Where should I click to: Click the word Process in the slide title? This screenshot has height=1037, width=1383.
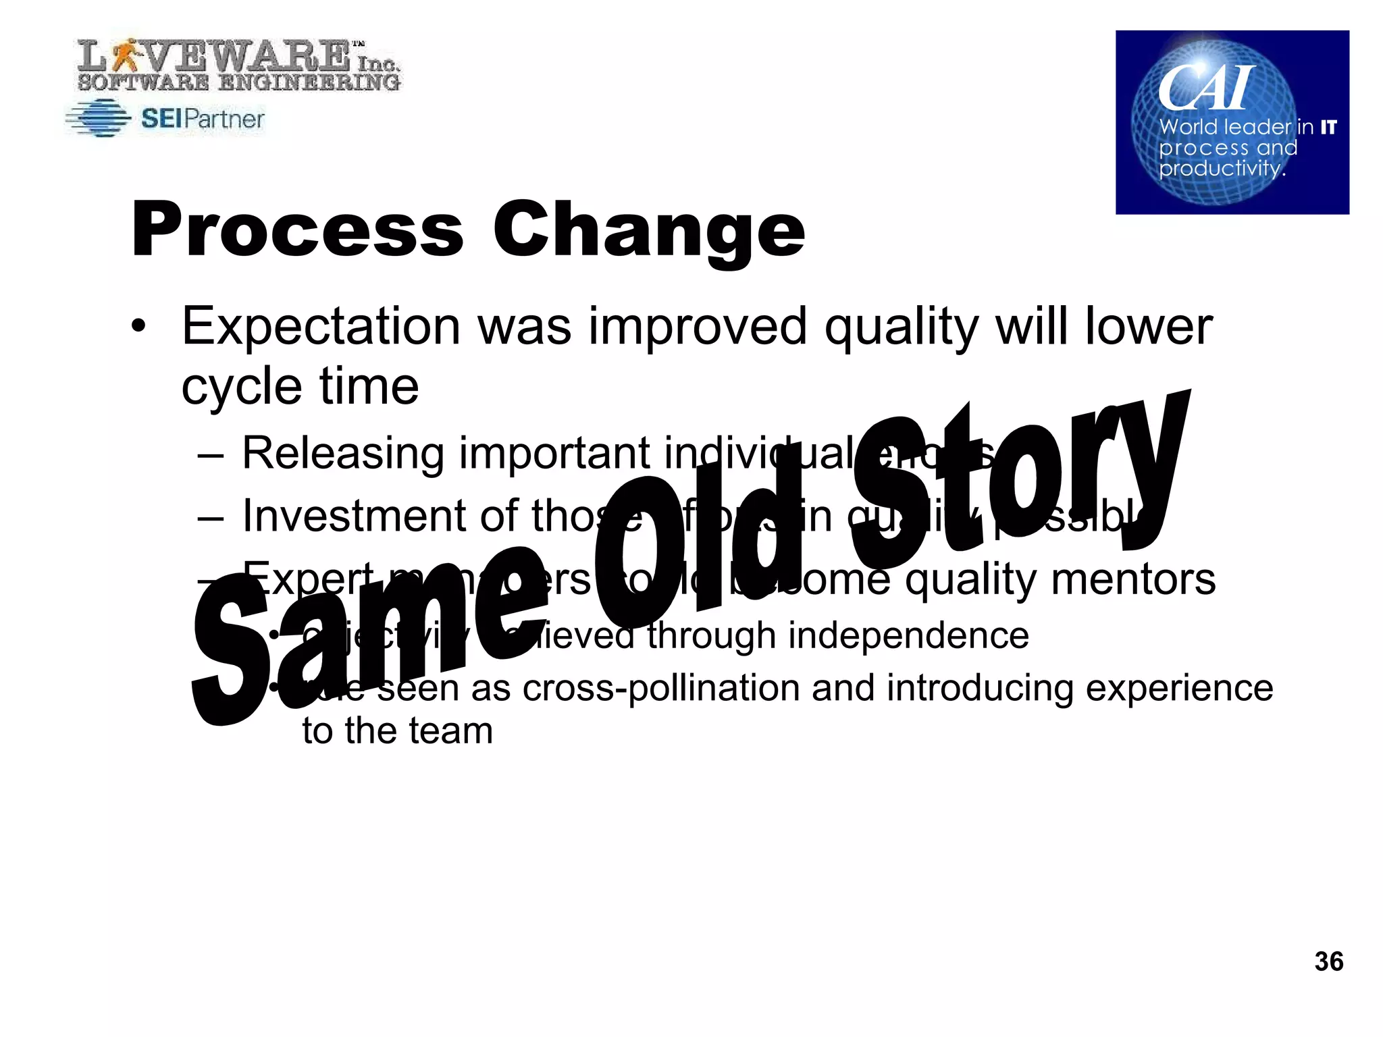tap(297, 231)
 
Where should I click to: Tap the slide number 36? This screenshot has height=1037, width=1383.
tap(1328, 961)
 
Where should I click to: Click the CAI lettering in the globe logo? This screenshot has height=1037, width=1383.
tap(1205, 88)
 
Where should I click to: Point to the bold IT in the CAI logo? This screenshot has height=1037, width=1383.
tap(1328, 127)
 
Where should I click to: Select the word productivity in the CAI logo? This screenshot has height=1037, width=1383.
tap(1221, 168)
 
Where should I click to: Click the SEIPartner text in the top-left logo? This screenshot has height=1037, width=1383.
tap(203, 119)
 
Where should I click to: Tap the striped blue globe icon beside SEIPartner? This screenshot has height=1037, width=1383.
tap(99, 119)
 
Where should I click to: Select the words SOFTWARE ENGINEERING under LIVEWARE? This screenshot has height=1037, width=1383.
tap(238, 83)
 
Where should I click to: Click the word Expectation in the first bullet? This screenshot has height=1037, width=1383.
tap(321, 327)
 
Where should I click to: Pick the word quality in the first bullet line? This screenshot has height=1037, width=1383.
tap(901, 327)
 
